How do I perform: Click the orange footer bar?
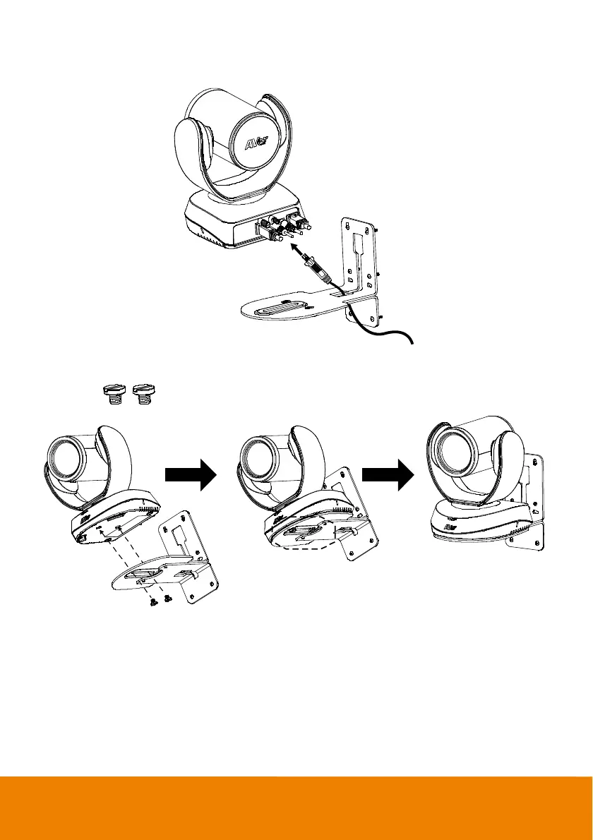coord(296,808)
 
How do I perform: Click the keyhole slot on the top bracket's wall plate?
coord(358,244)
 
